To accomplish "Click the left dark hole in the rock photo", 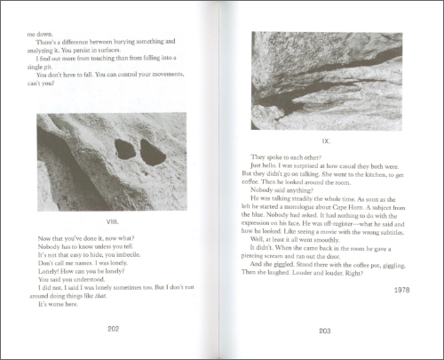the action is point(125,151).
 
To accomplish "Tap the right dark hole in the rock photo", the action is point(153,156).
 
